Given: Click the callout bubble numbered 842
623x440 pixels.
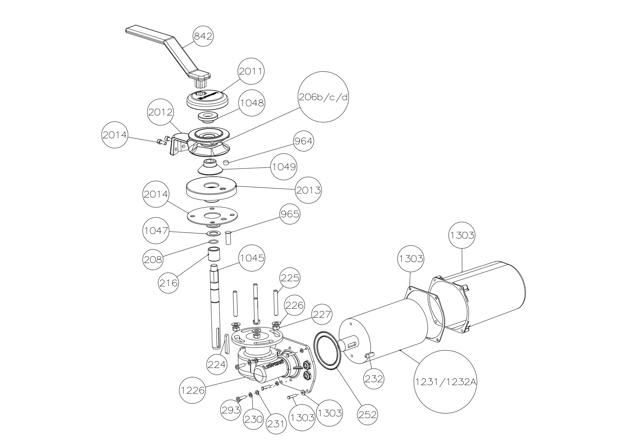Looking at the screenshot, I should (x=203, y=37).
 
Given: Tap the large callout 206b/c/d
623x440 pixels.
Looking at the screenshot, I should (x=323, y=97).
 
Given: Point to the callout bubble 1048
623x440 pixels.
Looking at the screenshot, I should (x=251, y=103).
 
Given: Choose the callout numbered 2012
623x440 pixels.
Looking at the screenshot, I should (x=160, y=112).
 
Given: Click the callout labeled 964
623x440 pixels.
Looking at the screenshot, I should (x=303, y=141).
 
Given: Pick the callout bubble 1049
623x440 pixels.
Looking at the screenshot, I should (x=284, y=166).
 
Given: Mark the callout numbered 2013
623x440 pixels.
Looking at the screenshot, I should (x=308, y=190).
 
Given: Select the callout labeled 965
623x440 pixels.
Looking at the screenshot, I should (x=290, y=214).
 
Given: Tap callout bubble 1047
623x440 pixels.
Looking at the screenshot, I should (x=156, y=231).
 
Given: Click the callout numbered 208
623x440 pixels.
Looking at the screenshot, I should (x=153, y=259).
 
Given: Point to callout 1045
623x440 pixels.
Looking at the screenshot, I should (x=252, y=258).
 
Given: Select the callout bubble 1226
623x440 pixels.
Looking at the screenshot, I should (x=192, y=390).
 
